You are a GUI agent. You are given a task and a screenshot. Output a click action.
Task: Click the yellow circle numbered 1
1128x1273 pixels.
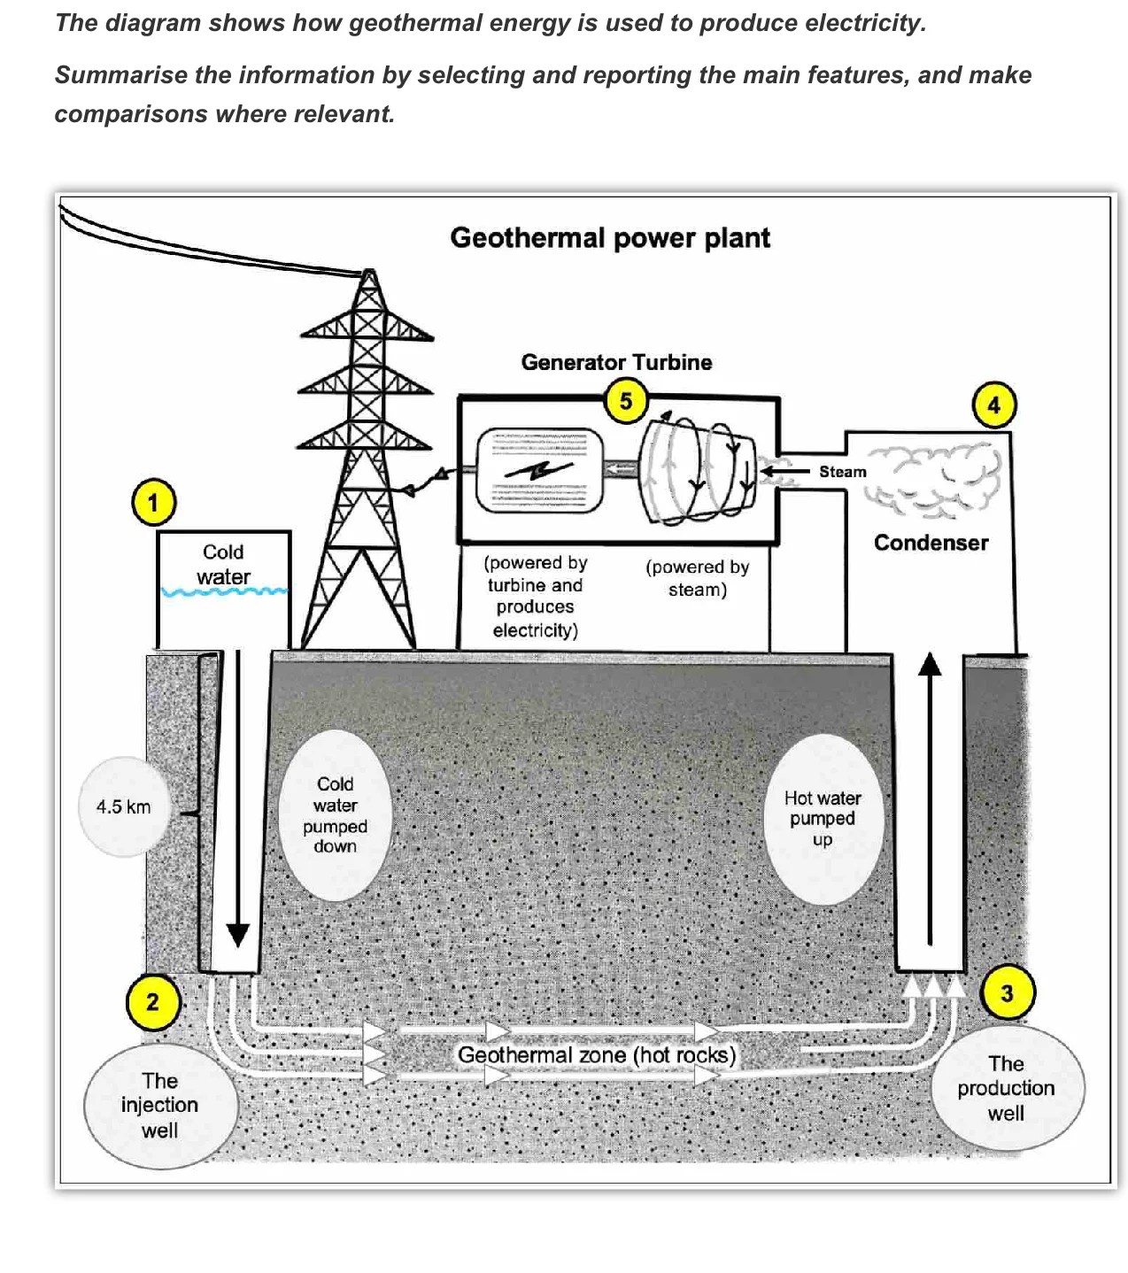click(152, 503)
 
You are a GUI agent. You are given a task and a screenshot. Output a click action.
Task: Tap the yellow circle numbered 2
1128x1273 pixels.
click(152, 1002)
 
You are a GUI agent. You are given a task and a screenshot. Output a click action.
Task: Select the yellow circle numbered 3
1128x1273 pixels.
click(1007, 993)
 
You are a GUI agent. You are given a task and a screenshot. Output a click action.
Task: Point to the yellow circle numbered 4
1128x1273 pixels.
click(993, 405)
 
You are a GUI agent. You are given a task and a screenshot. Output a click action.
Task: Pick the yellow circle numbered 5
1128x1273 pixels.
click(626, 401)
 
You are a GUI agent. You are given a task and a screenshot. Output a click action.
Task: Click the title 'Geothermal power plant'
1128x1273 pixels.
click(610, 238)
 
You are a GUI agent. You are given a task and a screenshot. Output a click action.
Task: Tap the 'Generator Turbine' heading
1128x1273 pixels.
click(616, 362)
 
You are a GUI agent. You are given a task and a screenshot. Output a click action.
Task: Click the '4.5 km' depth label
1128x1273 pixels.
click(123, 806)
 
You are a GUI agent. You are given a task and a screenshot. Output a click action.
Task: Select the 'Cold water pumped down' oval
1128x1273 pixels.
click(335, 814)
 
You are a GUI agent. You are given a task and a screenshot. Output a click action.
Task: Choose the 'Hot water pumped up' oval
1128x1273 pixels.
click(823, 818)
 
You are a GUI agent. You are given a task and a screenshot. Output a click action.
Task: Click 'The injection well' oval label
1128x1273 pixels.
click(159, 1105)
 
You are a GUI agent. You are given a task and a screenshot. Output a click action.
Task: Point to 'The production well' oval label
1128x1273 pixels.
click(1006, 1088)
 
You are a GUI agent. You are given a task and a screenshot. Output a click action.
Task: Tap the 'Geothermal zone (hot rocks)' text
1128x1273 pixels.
click(596, 1055)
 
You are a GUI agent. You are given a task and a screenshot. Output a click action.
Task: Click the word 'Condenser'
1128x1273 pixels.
click(931, 543)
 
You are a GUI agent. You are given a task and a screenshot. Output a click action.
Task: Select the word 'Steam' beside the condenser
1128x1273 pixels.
click(842, 472)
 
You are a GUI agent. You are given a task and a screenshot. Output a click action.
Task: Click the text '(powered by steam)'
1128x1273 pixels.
click(697, 578)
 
